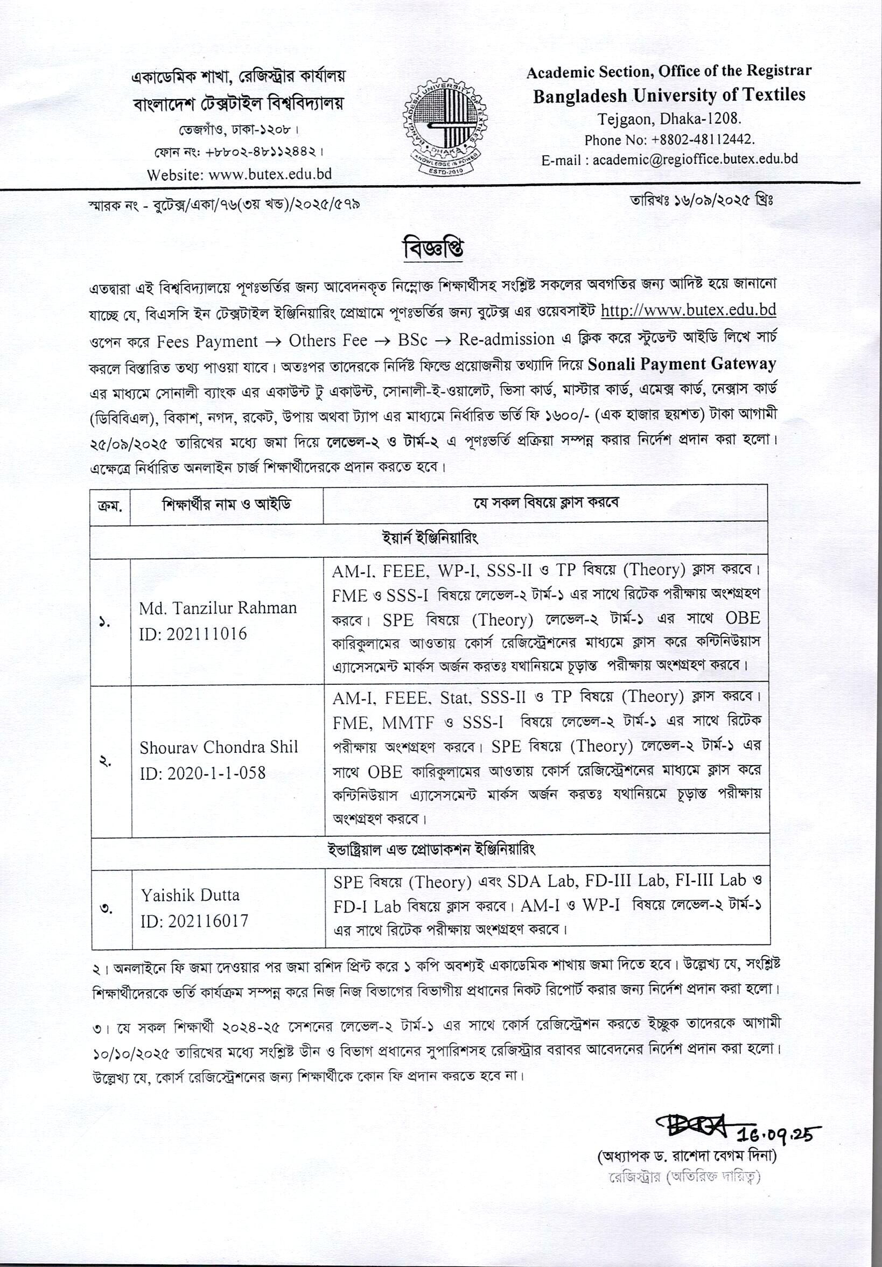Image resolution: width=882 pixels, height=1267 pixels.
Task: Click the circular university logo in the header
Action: pyautogui.click(x=444, y=126)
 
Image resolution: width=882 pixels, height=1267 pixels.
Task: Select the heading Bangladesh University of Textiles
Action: pyautogui.click(x=669, y=95)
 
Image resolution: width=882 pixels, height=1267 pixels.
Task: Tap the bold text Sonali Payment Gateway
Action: pyautogui.click(x=682, y=364)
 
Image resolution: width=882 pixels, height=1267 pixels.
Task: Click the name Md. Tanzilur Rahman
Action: pyautogui.click(x=218, y=608)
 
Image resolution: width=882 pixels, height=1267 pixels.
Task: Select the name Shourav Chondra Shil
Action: pyautogui.click(x=219, y=747)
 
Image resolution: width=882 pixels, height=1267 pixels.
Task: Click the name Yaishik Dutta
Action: pyautogui.click(x=190, y=894)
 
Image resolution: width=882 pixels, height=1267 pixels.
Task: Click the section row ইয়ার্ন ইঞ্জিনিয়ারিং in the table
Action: pyautogui.click(x=430, y=538)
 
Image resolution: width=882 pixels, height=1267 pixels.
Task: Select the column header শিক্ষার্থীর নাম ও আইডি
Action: pyautogui.click(x=226, y=504)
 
